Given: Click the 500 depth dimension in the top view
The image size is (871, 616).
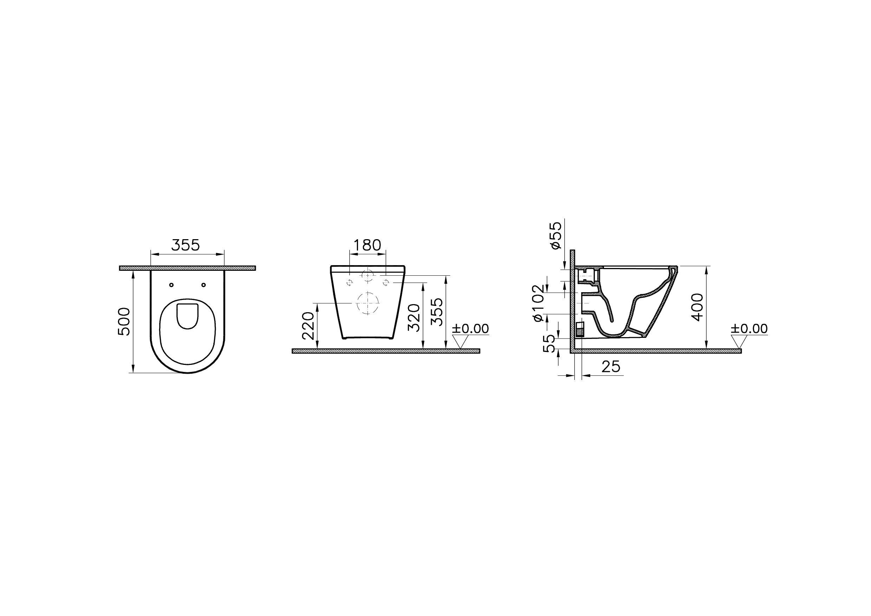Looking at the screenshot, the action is tap(124, 322).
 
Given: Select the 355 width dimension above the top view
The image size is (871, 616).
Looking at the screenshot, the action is tap(186, 245).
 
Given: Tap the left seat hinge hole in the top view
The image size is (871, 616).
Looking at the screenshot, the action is tap(171, 285).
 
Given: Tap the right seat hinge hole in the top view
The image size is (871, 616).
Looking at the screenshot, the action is tap(203, 285).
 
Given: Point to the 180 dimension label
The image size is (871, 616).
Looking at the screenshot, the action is tap(367, 245).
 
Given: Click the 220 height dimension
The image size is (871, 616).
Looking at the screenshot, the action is tap(308, 326).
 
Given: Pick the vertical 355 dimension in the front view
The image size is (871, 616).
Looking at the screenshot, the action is tap(437, 312).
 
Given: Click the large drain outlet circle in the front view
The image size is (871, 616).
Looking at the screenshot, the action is tap(368, 303).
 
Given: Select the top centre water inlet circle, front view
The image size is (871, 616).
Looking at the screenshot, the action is tap(368, 275).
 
